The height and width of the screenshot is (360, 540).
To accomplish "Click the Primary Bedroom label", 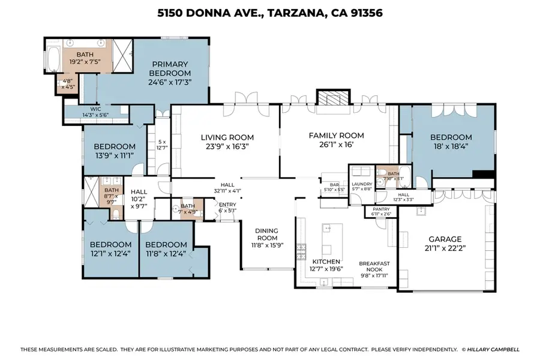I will pos(170,64).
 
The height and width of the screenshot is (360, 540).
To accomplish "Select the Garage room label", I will pos(445,238).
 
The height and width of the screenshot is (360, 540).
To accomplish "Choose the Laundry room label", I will pos(361,184).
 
